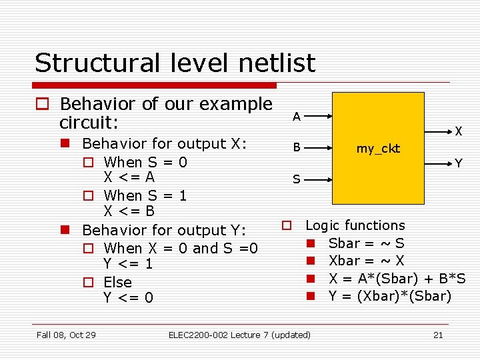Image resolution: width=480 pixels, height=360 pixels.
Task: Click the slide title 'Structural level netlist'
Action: coord(175,63)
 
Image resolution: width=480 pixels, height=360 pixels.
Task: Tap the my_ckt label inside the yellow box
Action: coord(378,149)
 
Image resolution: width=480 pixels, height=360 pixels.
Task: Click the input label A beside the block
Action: coord(297,117)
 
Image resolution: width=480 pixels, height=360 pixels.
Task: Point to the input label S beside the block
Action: coord(297,179)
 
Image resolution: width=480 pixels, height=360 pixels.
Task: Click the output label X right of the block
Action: coord(459,132)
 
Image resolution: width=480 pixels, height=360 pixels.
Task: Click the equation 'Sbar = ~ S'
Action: coord(366,243)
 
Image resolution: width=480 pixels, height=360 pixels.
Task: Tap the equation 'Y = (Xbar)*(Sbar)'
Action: coord(389,296)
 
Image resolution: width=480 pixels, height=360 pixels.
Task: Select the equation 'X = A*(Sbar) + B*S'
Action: coord(397,279)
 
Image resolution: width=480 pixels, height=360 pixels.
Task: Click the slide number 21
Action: coord(438,335)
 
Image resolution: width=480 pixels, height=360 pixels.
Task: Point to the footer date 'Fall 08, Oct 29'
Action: coord(66,335)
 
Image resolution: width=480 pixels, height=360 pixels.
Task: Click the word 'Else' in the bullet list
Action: coord(117,282)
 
